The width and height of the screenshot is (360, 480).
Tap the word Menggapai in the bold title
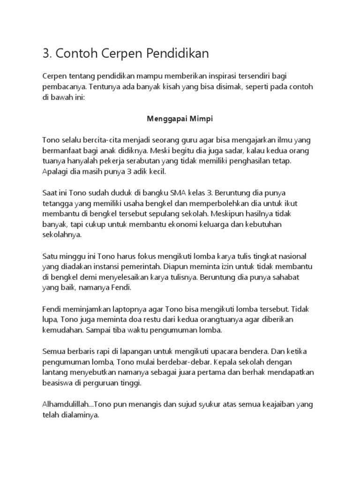pos(164,119)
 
